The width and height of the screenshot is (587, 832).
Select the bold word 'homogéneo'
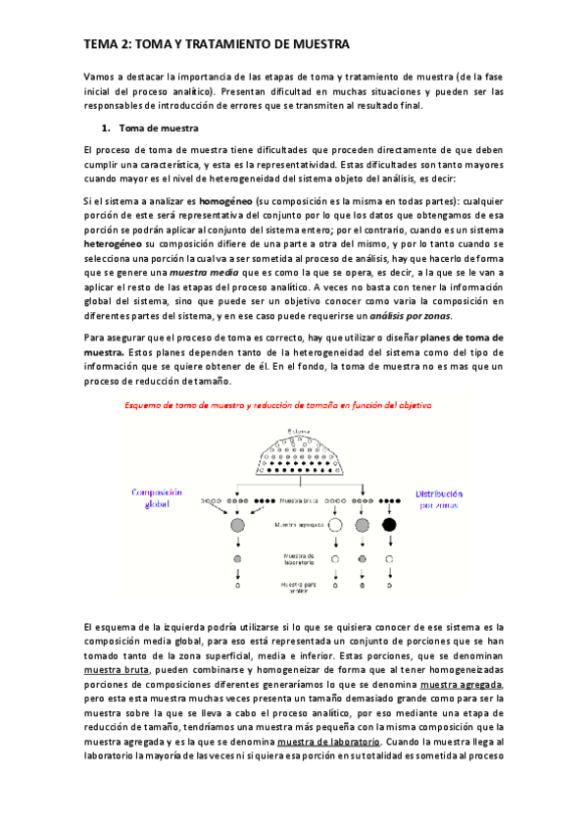pos(225,200)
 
